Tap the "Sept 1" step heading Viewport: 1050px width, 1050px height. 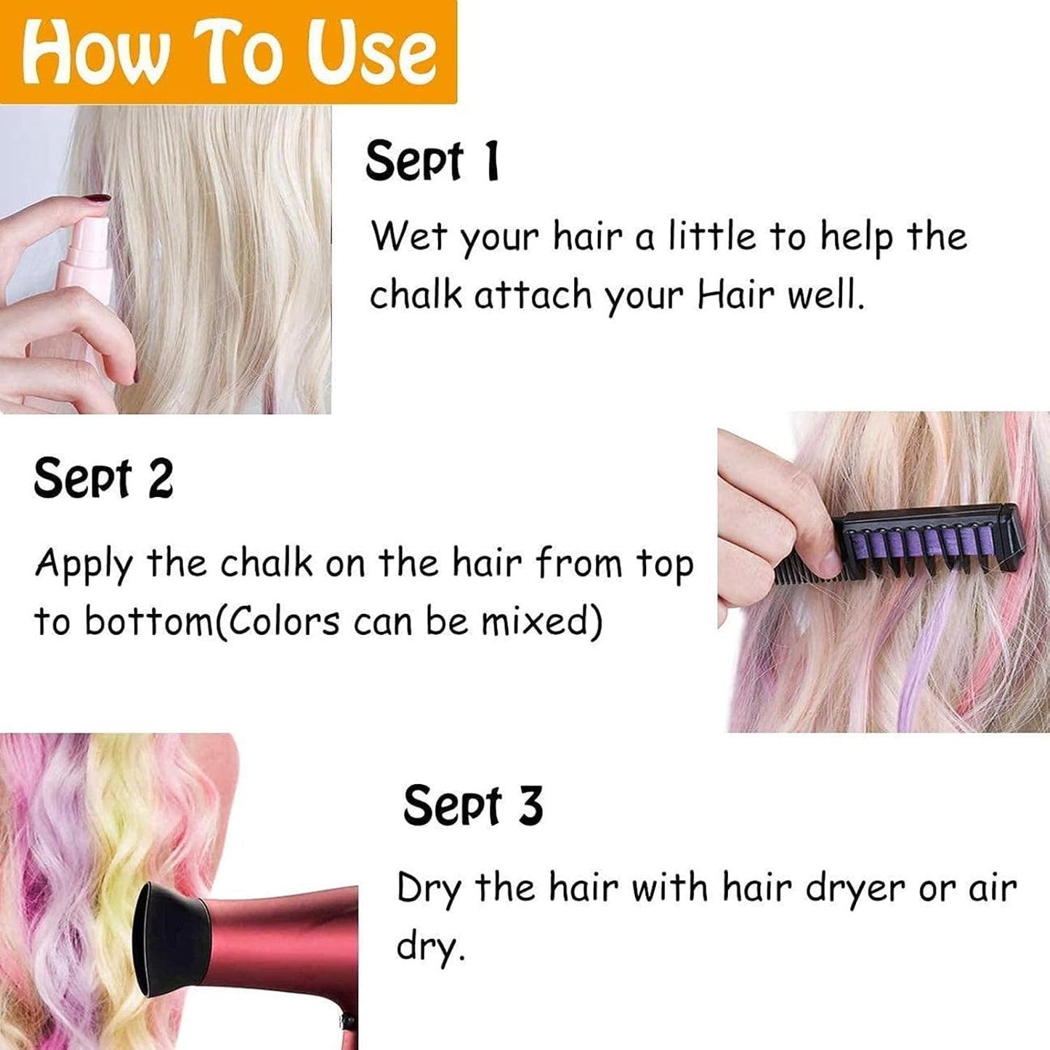point(432,161)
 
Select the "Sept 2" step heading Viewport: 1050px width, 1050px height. point(103,479)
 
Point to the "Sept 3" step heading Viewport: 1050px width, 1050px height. point(472,806)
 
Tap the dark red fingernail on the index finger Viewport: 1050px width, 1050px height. point(94,198)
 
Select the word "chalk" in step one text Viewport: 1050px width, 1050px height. point(416,295)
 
